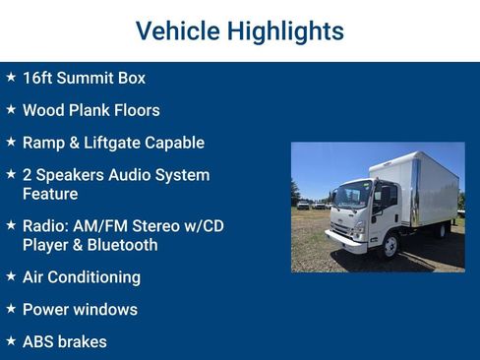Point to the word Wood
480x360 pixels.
pos(44,110)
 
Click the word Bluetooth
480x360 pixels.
pos(121,245)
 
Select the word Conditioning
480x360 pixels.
pos(95,277)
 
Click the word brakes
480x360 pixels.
pos(84,342)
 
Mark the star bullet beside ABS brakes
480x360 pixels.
pos(11,341)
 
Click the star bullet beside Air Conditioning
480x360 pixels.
pos(11,276)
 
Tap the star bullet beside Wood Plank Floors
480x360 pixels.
pos(11,109)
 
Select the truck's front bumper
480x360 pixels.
pos(343,238)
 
